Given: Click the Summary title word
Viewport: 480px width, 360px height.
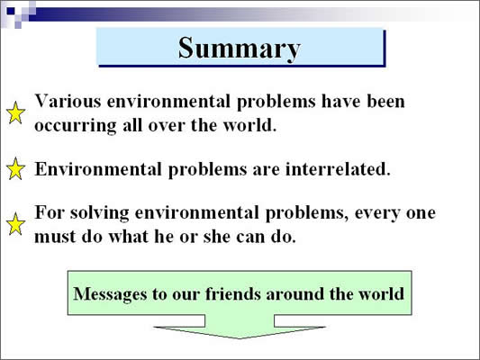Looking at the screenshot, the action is pos(240,49).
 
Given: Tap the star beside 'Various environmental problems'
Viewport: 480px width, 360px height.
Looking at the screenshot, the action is pos(15,112).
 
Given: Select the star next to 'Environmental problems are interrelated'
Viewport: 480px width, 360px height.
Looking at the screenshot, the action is pos(15,168).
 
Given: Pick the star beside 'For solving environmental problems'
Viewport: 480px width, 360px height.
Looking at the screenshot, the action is pos(15,224).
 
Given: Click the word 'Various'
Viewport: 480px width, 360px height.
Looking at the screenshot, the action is pos(68,101).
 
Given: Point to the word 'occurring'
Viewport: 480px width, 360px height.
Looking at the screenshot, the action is pos(76,126).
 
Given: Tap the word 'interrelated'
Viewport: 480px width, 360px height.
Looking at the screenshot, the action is pos(338,169).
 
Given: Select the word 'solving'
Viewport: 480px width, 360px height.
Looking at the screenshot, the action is pos(99,213).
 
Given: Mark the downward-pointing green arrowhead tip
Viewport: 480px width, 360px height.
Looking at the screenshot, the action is pos(240,338).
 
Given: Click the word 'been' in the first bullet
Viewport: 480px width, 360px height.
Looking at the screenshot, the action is pos(385,101).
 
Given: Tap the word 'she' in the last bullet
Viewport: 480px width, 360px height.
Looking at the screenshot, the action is pos(216,237).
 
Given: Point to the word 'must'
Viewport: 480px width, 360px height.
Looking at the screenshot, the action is pos(55,237).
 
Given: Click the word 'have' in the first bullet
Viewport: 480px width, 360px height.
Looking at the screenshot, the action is pos(340,101).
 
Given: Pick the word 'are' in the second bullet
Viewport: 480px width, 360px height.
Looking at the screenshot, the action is pos(266,170).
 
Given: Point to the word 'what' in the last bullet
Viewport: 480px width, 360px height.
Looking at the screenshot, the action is pos(128,237).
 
